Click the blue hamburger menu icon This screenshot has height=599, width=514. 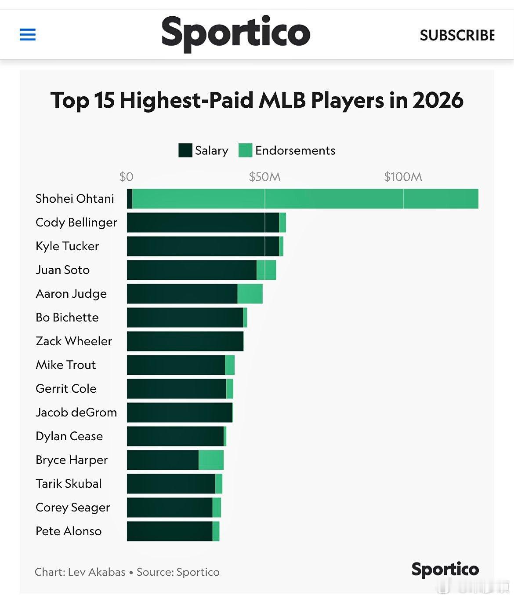tap(28, 34)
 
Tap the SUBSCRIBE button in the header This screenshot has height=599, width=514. tap(457, 35)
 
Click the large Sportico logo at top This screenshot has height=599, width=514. tap(236, 33)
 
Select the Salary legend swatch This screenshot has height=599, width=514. tap(185, 150)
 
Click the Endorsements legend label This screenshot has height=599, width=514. tap(295, 150)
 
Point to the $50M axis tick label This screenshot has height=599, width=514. tap(264, 177)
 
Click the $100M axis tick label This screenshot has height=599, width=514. tap(403, 177)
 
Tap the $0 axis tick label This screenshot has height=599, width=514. tap(126, 177)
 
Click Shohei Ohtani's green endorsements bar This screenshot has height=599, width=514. tap(305, 199)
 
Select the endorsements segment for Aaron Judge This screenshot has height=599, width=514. tap(250, 294)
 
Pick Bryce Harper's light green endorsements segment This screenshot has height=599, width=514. tap(211, 460)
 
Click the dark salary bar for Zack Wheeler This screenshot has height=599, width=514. tap(185, 341)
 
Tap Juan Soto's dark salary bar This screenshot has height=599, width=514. tap(192, 270)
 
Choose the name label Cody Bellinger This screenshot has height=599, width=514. tap(76, 223)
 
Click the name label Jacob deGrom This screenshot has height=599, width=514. tap(76, 413)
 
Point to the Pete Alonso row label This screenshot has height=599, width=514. tap(69, 531)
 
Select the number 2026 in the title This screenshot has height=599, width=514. tap(438, 100)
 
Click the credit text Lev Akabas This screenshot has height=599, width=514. tap(97, 572)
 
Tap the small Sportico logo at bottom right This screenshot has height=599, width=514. tap(445, 569)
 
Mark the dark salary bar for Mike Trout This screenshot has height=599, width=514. tap(176, 365)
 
